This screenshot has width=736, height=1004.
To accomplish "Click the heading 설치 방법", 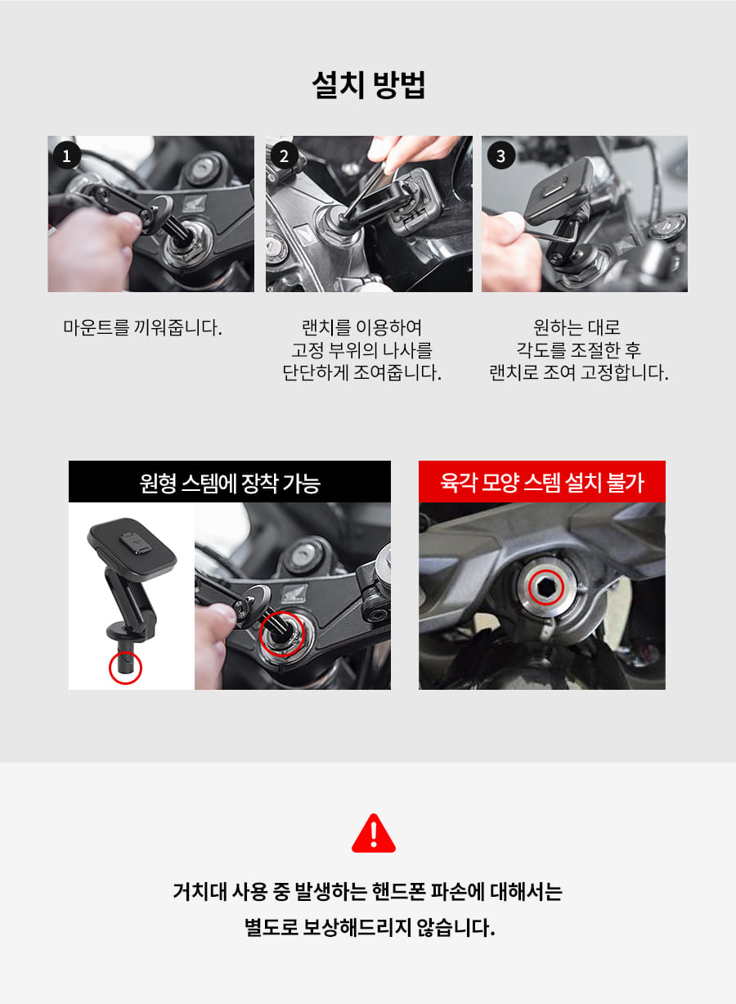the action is [x=368, y=85].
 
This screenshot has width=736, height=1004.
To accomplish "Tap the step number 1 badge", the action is [x=67, y=155].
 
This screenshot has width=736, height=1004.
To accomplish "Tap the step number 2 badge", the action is [x=284, y=155].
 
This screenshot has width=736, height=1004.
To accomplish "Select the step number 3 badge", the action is [x=500, y=155].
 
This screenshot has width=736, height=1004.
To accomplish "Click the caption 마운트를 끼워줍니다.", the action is [x=142, y=327].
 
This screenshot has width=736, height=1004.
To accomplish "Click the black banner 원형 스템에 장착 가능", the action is [x=229, y=482].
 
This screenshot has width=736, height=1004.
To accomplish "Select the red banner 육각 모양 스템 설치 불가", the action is [x=542, y=482].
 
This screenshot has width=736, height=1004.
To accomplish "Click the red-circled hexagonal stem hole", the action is [x=546, y=588].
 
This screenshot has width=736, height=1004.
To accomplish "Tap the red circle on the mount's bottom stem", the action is [x=125, y=668].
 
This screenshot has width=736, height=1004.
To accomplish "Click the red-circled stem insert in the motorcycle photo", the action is [x=282, y=634].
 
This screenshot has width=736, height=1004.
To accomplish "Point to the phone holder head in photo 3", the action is [x=560, y=191].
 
